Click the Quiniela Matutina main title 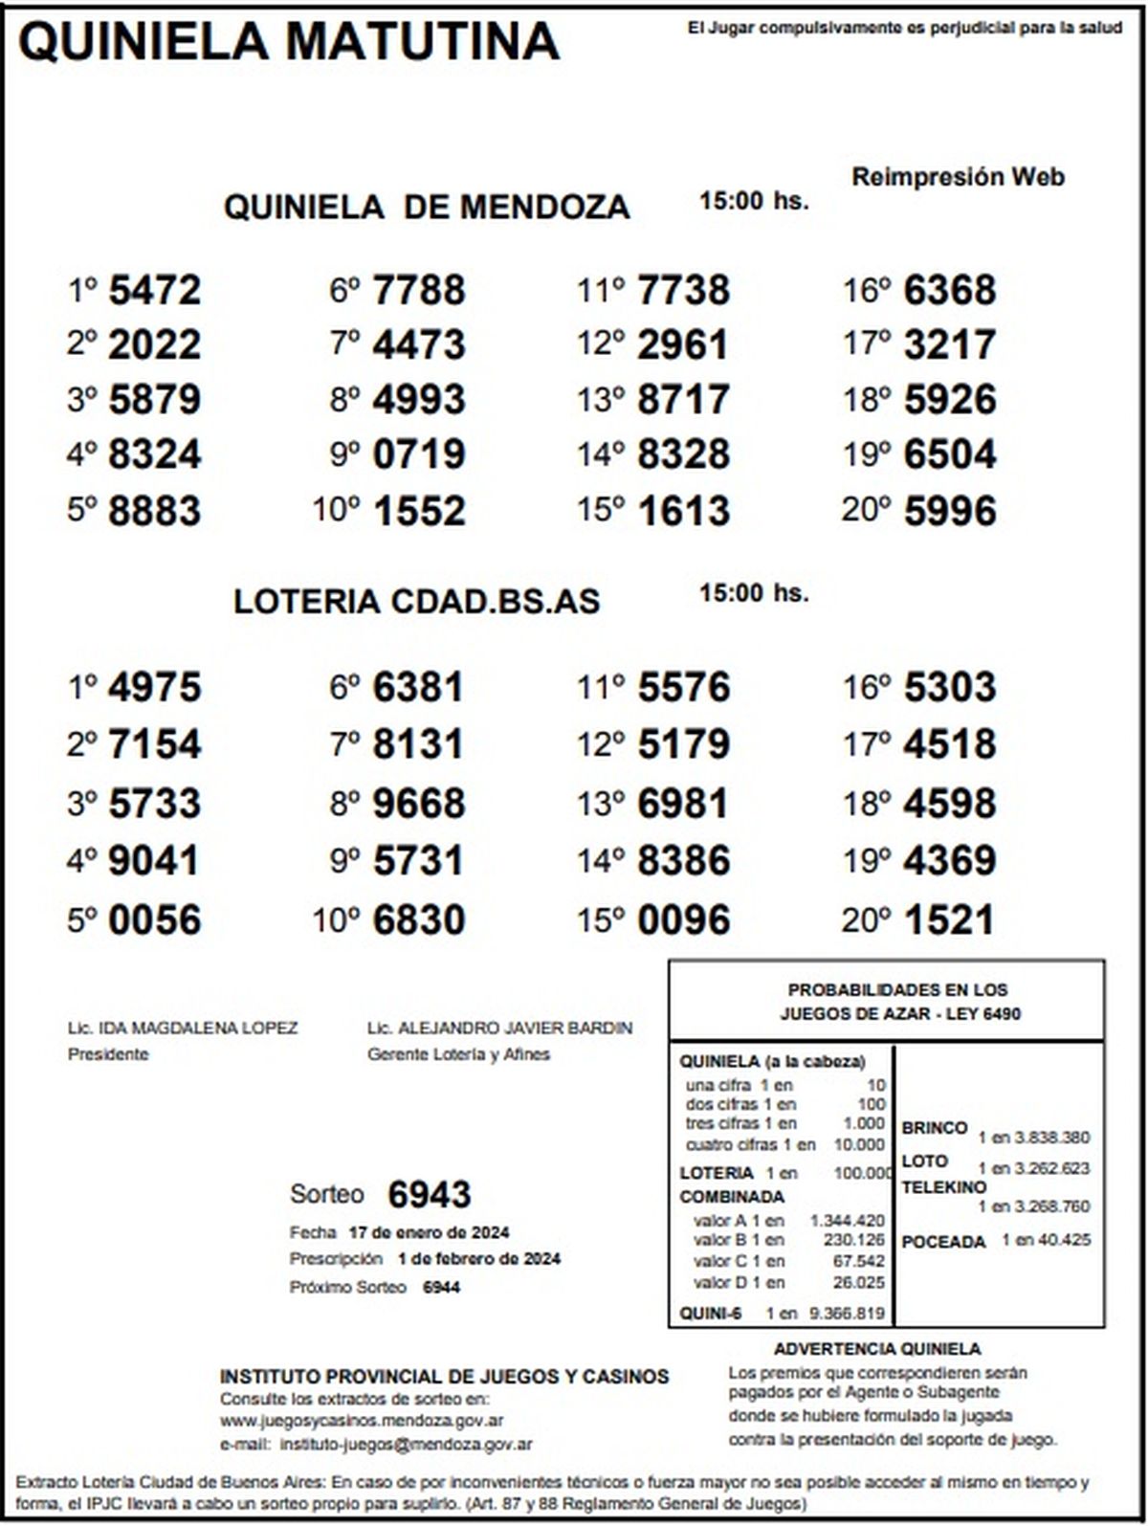(288, 40)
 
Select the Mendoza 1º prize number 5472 (154, 290)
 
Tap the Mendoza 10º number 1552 (419, 510)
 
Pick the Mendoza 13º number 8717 (683, 399)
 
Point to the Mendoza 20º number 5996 (949, 510)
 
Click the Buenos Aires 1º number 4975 (154, 687)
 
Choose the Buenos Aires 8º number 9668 (419, 804)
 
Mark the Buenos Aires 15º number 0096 (683, 920)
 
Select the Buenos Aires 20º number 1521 (949, 920)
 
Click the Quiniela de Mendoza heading (427, 207)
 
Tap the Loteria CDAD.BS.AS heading (416, 601)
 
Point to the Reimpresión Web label (958, 177)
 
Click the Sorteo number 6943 (430, 1194)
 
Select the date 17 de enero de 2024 (429, 1231)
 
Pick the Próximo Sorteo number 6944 (441, 1287)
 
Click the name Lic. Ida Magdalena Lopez (183, 1028)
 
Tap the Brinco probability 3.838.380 (1033, 1138)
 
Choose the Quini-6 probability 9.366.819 (847, 1314)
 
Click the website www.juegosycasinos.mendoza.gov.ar (362, 1421)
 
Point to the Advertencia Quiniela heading (877, 1349)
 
